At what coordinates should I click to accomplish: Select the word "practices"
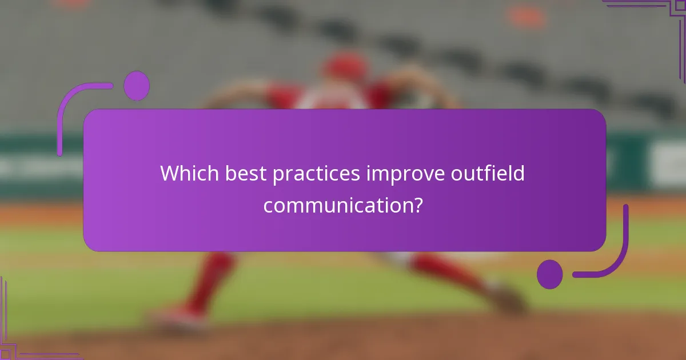tap(316, 174)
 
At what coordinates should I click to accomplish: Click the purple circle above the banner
tap(137, 86)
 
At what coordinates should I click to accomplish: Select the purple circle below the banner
tap(549, 274)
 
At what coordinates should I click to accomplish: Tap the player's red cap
tap(345, 66)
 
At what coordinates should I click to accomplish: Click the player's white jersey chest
tap(332, 100)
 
